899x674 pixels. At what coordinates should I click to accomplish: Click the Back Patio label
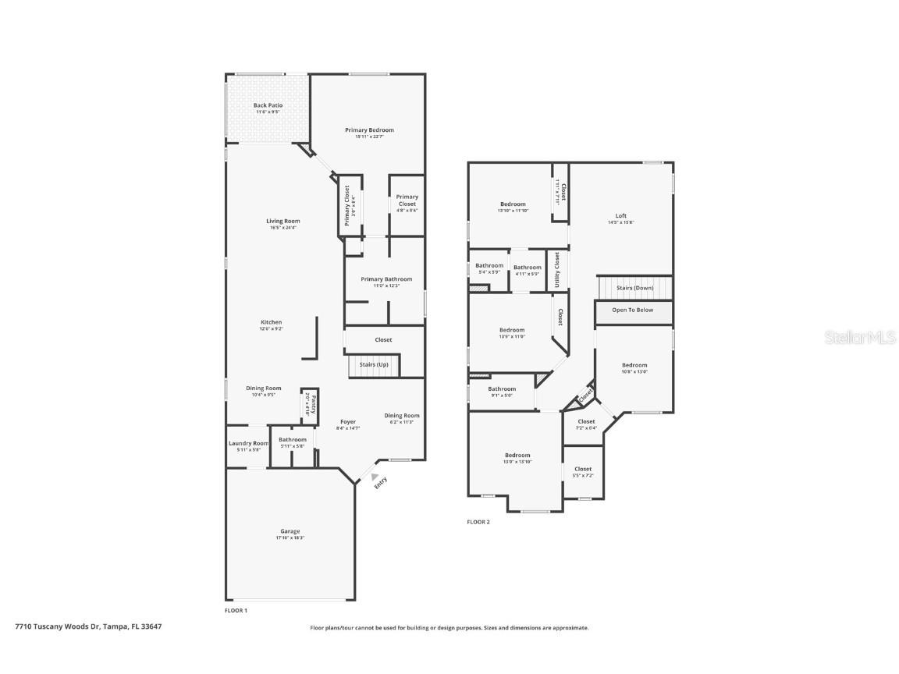pyautogui.click(x=268, y=108)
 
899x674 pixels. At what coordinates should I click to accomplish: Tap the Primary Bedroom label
pyautogui.click(x=369, y=133)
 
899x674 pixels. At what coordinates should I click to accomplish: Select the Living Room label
pyautogui.click(x=282, y=224)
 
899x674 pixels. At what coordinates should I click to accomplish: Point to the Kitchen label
pyautogui.click(x=271, y=325)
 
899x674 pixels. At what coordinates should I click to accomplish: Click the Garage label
pyautogui.click(x=290, y=534)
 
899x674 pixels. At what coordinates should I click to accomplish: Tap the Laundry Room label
pyautogui.click(x=248, y=445)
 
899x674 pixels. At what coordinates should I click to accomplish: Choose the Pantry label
pyautogui.click(x=310, y=406)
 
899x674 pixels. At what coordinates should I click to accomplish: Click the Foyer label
pyautogui.click(x=347, y=424)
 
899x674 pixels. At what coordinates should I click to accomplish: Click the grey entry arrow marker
pyautogui.click(x=375, y=477)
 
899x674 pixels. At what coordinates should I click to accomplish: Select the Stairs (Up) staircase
pyautogui.click(x=373, y=365)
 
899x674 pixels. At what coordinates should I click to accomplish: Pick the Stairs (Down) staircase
pyautogui.click(x=634, y=288)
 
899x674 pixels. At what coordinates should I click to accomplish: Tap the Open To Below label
pyautogui.click(x=633, y=310)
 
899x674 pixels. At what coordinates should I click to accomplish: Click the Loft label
pyautogui.click(x=620, y=218)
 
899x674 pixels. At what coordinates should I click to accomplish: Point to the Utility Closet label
pyautogui.click(x=557, y=269)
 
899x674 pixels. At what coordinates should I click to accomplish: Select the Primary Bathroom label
pyautogui.click(x=386, y=282)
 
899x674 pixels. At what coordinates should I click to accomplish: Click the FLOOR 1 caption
pyautogui.click(x=236, y=610)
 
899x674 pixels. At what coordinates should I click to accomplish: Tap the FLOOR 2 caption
pyautogui.click(x=478, y=522)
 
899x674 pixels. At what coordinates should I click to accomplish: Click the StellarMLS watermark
pyautogui.click(x=861, y=337)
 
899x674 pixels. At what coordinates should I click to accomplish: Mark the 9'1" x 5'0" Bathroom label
pyautogui.click(x=502, y=392)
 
